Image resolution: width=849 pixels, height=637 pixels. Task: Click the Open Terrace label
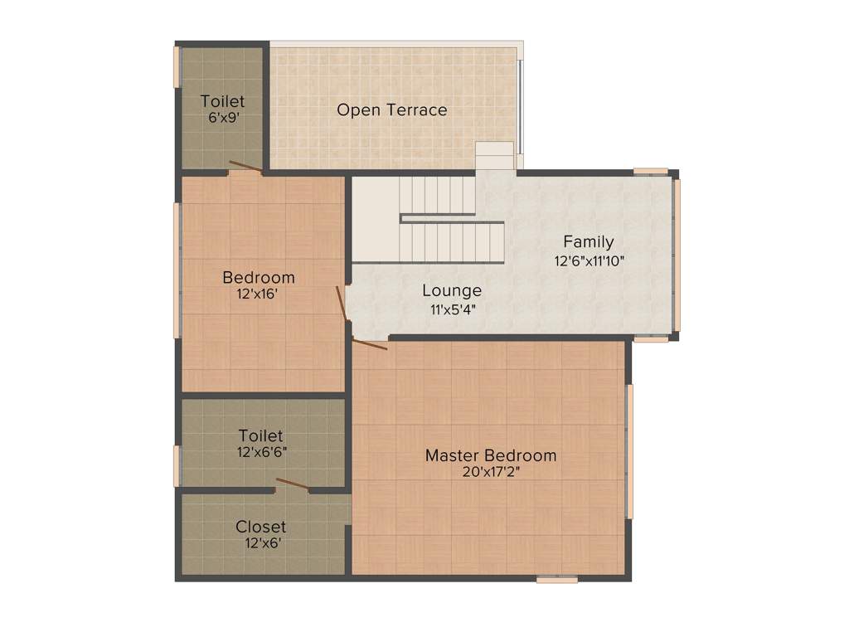391,109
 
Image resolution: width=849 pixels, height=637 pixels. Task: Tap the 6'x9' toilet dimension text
222,118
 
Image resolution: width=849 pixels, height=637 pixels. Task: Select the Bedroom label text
259,277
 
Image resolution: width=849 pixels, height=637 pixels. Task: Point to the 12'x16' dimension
259,293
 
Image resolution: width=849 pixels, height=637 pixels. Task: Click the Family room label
589,242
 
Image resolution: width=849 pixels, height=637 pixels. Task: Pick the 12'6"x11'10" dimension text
589,260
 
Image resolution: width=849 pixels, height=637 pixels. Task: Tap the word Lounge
452,290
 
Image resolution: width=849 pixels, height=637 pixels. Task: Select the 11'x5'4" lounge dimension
452,309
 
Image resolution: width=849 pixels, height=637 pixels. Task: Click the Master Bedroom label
491,455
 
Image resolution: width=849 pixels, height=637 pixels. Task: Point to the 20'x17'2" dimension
491,472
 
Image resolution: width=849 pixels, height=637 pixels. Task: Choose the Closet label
261,527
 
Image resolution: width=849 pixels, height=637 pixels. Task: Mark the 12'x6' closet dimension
261,543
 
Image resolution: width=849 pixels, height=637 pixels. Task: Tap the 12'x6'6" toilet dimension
261,453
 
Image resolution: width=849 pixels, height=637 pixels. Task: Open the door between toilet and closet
293,485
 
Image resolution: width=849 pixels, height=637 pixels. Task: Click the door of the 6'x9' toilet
245,168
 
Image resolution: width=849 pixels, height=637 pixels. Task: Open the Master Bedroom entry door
369,343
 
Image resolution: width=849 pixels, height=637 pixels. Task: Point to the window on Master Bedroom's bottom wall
556,579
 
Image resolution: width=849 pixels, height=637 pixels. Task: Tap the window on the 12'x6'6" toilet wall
176,466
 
